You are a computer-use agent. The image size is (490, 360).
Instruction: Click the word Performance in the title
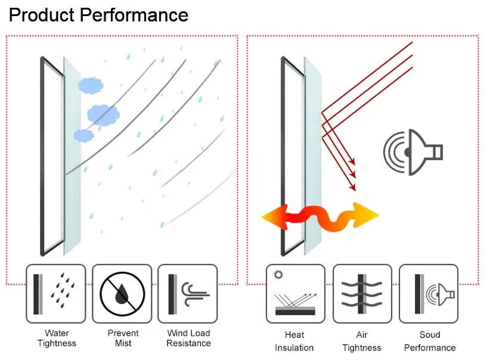coord(134,15)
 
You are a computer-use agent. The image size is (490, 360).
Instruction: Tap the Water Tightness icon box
coord(56,294)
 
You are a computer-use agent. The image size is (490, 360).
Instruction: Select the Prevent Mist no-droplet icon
coord(122,294)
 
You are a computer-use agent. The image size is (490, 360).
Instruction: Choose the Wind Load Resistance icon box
coord(188,294)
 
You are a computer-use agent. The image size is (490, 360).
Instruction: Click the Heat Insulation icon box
coord(296,294)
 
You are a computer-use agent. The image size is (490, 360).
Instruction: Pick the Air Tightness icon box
coord(362,294)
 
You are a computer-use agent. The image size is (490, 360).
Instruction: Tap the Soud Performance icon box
coord(429,294)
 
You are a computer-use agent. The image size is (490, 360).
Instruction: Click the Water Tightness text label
coord(57,338)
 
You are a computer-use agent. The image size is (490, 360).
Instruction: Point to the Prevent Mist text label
coord(123,338)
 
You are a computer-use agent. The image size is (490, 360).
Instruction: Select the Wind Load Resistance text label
coord(188,338)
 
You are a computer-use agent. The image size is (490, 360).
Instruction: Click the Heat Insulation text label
coord(294,342)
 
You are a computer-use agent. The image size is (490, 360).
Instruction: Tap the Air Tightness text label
coord(362,342)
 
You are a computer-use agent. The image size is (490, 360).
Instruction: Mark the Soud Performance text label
coord(430,342)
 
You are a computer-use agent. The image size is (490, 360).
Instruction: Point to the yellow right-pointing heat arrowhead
coord(366,215)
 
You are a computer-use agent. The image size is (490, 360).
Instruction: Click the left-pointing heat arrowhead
coord(274,217)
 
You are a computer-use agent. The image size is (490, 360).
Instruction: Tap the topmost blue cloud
coord(91,86)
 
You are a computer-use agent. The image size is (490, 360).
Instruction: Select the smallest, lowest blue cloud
coord(83,136)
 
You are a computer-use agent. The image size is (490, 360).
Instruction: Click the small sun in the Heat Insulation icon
coord(278,275)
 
